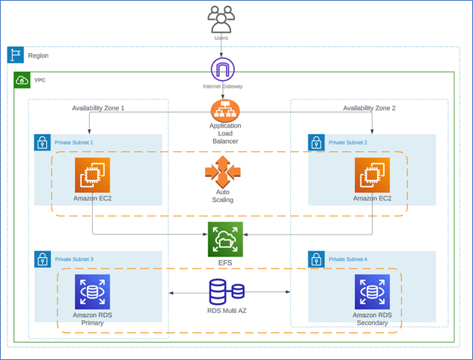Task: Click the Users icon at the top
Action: (x=221, y=19)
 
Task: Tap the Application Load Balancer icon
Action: (x=224, y=112)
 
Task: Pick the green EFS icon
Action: (x=225, y=239)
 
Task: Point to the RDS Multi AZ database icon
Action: (x=226, y=291)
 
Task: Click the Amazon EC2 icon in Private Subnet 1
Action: (x=92, y=175)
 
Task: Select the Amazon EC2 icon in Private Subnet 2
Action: (x=372, y=175)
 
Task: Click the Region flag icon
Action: (x=16, y=54)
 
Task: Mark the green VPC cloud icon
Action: (x=23, y=80)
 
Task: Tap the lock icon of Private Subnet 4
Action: (x=317, y=259)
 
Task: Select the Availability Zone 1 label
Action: (x=98, y=108)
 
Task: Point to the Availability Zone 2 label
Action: (x=369, y=108)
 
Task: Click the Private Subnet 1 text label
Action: (x=75, y=142)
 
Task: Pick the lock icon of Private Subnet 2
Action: (x=317, y=142)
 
